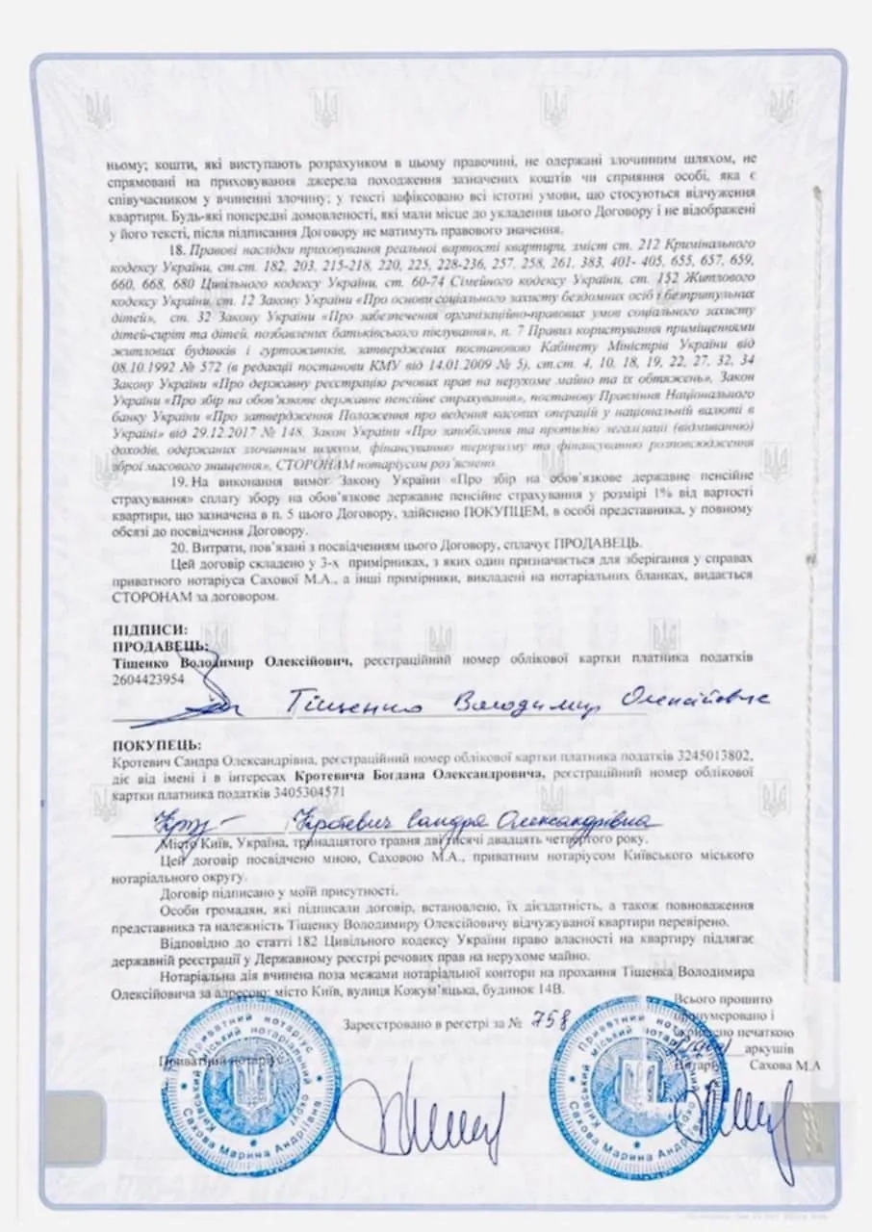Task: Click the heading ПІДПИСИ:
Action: [x=141, y=629]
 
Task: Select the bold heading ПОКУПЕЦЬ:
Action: [x=157, y=745]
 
